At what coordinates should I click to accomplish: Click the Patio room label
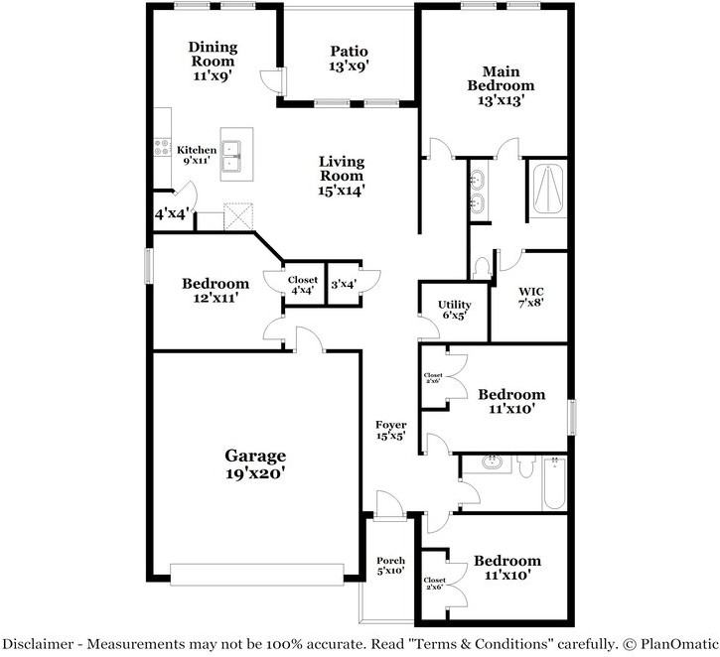[349, 59]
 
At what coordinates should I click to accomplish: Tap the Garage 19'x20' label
[255, 463]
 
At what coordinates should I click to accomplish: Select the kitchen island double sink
[231, 156]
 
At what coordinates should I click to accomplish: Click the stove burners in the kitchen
[162, 147]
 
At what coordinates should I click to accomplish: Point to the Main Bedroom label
[501, 85]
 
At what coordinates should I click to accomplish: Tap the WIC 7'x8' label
[531, 297]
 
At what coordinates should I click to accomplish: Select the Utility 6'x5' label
[454, 310]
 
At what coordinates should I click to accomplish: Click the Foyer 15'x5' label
[390, 431]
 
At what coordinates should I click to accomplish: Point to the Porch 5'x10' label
[390, 566]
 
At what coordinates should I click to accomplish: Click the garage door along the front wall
[257, 575]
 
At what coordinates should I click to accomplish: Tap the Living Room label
[342, 176]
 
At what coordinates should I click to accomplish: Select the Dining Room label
[214, 61]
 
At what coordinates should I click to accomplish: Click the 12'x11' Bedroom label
[216, 291]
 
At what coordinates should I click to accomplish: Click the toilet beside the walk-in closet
[482, 268]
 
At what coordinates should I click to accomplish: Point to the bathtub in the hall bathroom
[554, 483]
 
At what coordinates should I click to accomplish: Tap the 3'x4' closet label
[344, 285]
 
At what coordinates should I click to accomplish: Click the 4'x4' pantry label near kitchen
[172, 213]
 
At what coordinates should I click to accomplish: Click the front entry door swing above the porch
[390, 505]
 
